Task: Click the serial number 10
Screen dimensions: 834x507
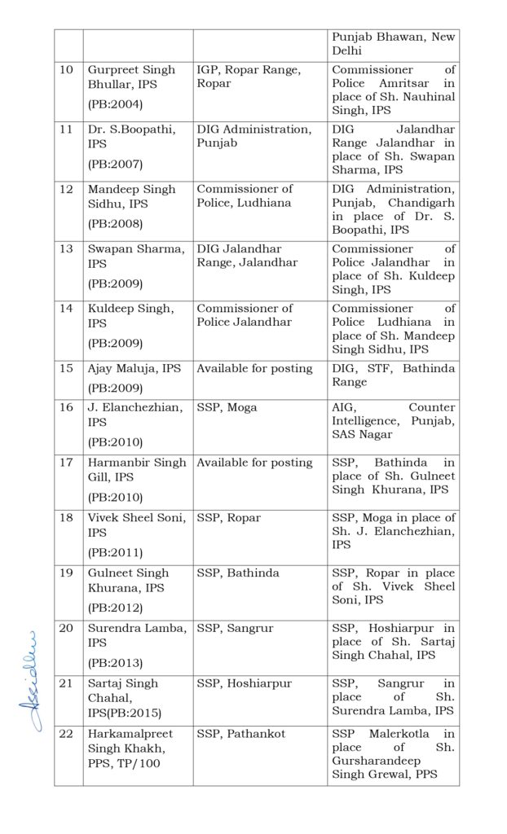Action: pyautogui.click(x=67, y=71)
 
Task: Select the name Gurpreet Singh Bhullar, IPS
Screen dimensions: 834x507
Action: pyautogui.click(x=131, y=77)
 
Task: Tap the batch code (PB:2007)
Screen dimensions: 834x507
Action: pyautogui.click(x=115, y=164)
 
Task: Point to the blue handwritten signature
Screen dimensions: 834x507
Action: pyautogui.click(x=30, y=680)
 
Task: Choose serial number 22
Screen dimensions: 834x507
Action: pyautogui.click(x=67, y=734)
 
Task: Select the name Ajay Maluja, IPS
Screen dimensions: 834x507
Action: pyautogui.click(x=134, y=368)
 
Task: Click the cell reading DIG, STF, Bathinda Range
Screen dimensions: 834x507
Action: pyautogui.click(x=393, y=375)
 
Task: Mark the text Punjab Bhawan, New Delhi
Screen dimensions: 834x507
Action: pyautogui.click(x=393, y=43)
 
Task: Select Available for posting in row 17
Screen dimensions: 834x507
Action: pyautogui.click(x=254, y=463)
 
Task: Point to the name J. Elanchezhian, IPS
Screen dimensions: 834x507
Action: pyautogui.click(x=135, y=414)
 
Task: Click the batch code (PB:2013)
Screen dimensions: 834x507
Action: pyautogui.click(x=115, y=662)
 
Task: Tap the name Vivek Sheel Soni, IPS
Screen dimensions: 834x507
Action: pyautogui.click(x=136, y=525)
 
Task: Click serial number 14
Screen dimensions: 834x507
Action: pyautogui.click(x=67, y=309)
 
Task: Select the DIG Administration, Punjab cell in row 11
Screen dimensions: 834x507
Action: pyautogui.click(x=253, y=136)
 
